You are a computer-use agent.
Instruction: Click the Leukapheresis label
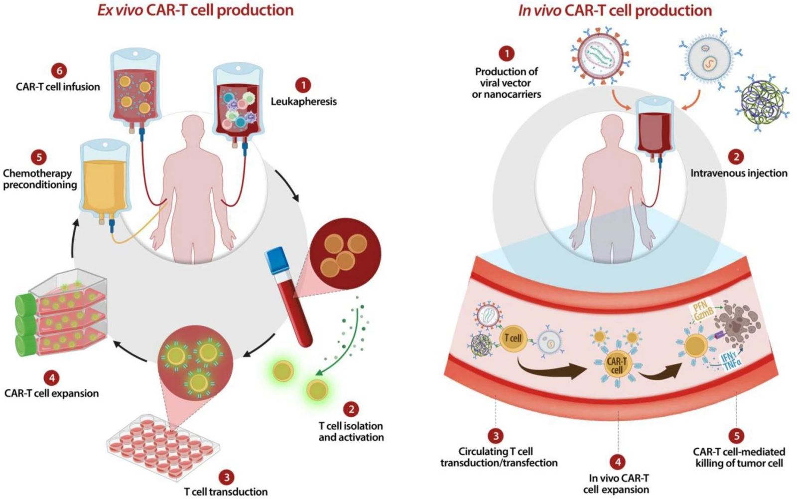(303, 101)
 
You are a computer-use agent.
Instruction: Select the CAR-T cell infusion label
(58, 87)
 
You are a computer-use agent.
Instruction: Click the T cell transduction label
(226, 492)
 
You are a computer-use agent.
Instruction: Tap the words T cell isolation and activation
(351, 432)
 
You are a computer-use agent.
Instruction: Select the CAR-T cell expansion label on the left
(52, 393)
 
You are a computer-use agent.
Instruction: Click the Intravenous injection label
(739, 173)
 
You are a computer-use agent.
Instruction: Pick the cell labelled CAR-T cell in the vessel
(617, 365)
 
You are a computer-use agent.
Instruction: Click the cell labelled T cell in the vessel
(513, 338)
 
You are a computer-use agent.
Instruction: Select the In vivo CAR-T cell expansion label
(616, 484)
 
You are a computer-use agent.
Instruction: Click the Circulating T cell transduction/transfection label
(499, 457)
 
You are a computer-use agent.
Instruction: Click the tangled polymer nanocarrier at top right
(762, 102)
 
